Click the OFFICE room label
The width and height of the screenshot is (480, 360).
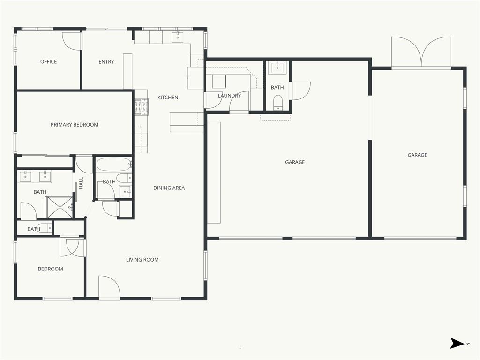(48, 61)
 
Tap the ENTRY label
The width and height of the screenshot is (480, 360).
(106, 62)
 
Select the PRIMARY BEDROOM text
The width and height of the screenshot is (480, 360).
(75, 125)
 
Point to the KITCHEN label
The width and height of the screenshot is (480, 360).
(168, 97)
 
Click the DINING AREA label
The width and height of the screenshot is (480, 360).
(169, 188)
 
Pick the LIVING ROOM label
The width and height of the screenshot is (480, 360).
(142, 260)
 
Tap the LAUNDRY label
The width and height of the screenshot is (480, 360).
(230, 96)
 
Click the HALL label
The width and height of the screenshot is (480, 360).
(81, 183)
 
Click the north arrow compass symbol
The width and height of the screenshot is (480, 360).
(457, 343)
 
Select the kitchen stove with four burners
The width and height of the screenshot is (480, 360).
(142, 107)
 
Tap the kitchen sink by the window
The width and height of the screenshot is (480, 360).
(178, 37)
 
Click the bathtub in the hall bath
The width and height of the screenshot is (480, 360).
(114, 165)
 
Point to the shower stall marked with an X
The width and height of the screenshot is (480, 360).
(60, 207)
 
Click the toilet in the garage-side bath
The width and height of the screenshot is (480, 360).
(277, 102)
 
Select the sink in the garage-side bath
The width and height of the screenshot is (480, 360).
(277, 67)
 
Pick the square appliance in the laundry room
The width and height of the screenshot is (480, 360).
(219, 81)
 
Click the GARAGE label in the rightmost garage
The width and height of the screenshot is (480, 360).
(417, 155)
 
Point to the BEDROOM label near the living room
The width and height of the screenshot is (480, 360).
(51, 269)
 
